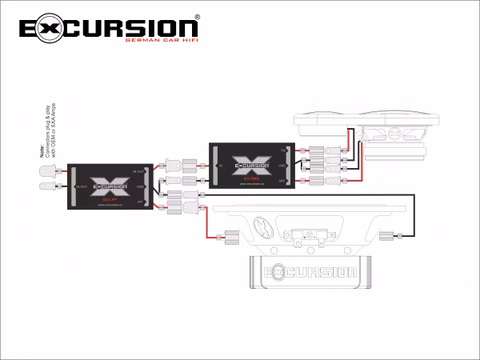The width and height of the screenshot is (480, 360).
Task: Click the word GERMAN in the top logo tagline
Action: point(139,40)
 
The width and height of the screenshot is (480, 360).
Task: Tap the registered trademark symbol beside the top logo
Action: point(198,17)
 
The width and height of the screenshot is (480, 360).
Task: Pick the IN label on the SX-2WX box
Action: point(219,166)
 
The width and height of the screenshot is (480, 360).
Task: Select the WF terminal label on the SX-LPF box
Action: point(140,202)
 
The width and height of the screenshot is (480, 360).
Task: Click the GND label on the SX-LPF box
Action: point(140,186)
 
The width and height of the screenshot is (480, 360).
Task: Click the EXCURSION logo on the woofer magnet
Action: point(313,272)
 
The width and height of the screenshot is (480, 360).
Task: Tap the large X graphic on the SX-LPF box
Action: point(106,182)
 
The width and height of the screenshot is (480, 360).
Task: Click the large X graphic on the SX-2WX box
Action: point(247,163)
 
